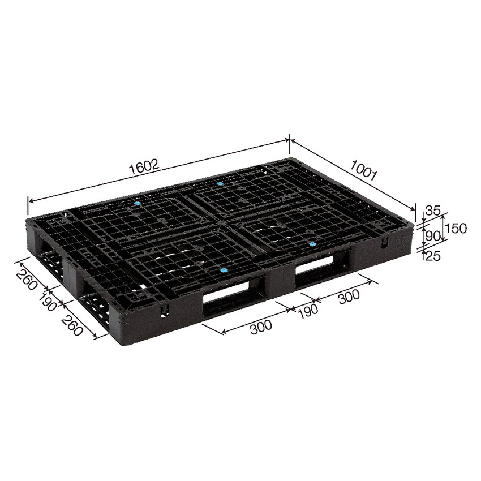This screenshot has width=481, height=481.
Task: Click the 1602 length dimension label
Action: click(145, 167)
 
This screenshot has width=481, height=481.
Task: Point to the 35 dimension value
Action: click(432, 211)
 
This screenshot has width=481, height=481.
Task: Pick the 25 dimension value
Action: click(432, 256)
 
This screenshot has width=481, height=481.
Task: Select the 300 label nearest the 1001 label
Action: click(349, 297)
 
